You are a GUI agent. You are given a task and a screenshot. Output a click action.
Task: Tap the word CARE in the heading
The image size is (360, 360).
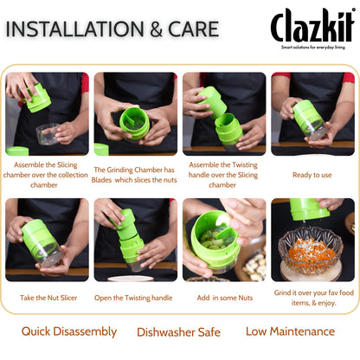click(x=188, y=29)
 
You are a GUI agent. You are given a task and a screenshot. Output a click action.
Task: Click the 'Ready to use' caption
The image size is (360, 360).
click(x=312, y=174)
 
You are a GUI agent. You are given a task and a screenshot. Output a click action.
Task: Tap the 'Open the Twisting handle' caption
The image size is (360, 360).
click(x=135, y=296)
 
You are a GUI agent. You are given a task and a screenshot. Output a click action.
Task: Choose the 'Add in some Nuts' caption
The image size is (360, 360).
click(x=223, y=296)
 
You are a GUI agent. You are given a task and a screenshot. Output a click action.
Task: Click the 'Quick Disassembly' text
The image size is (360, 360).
click(x=69, y=331)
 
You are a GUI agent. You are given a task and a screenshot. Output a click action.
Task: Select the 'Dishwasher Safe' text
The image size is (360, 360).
click(x=178, y=332)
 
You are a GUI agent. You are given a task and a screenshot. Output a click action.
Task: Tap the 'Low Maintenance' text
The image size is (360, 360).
click(x=290, y=331)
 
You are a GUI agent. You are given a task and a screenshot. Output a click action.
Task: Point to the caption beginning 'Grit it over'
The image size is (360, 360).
click(x=312, y=299)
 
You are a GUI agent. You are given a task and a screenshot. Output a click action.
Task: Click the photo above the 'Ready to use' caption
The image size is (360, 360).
click(x=312, y=113)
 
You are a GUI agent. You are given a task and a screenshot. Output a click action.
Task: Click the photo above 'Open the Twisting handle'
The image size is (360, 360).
click(x=135, y=240)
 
